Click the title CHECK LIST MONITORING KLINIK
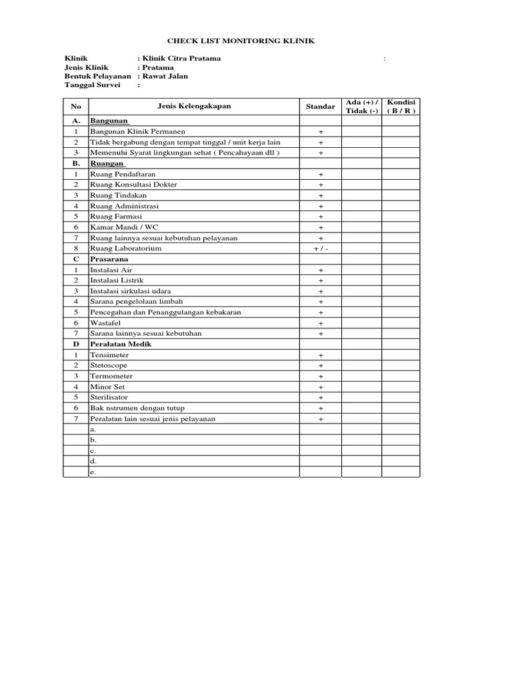[x=240, y=41]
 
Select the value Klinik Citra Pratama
[x=180, y=59]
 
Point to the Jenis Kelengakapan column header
[x=194, y=107]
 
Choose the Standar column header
[x=320, y=107]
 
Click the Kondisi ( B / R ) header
[x=401, y=107]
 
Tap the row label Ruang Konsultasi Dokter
[x=133, y=184]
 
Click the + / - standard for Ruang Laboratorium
[x=321, y=248]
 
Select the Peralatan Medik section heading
[x=121, y=344]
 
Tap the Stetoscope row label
[x=109, y=366]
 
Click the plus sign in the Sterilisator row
[x=321, y=398]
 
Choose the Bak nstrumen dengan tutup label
[x=137, y=408]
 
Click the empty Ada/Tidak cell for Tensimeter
[x=361, y=355]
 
